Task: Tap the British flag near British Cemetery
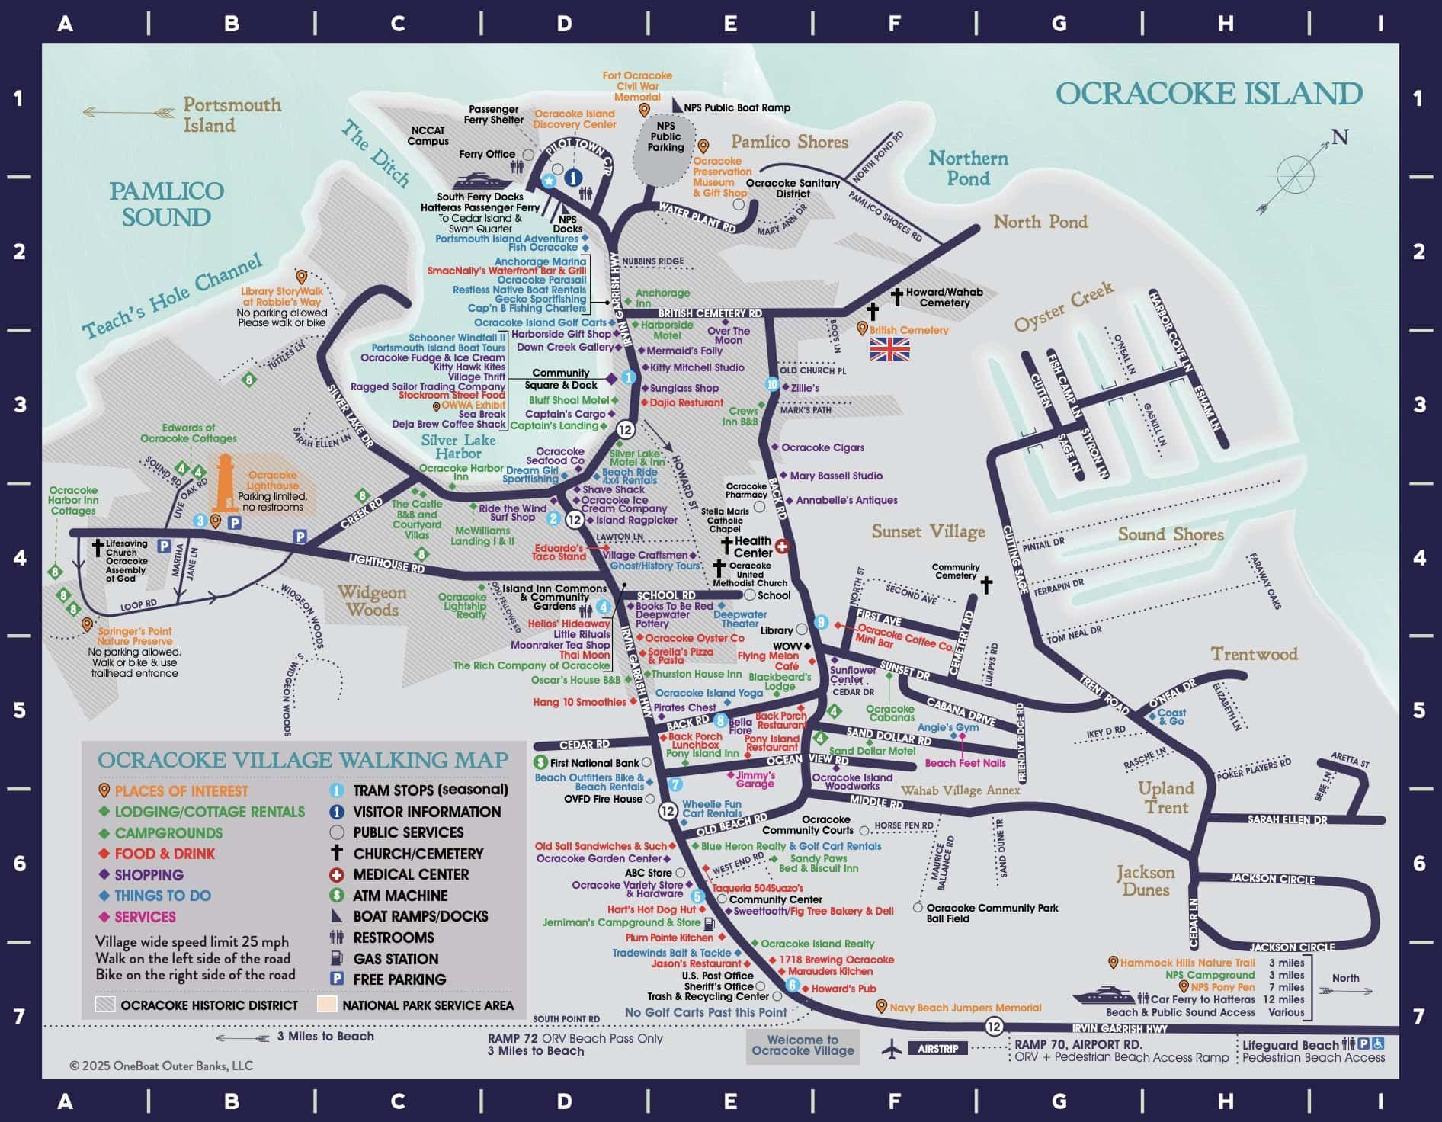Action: point(889,349)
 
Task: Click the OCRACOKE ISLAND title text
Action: point(1209,94)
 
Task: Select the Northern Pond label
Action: point(968,168)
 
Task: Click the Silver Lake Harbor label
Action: point(458,447)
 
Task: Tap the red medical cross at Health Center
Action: point(781,546)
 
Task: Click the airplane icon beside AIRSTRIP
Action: point(891,1049)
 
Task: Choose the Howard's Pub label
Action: point(843,989)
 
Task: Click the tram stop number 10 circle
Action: point(772,385)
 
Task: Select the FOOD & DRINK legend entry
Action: point(164,854)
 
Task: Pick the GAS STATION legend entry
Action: point(395,959)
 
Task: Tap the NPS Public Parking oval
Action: point(665,149)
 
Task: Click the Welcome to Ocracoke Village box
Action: point(803,1045)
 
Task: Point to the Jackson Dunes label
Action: point(1146,880)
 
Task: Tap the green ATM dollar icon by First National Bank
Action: point(540,762)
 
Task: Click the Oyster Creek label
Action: point(1063,306)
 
